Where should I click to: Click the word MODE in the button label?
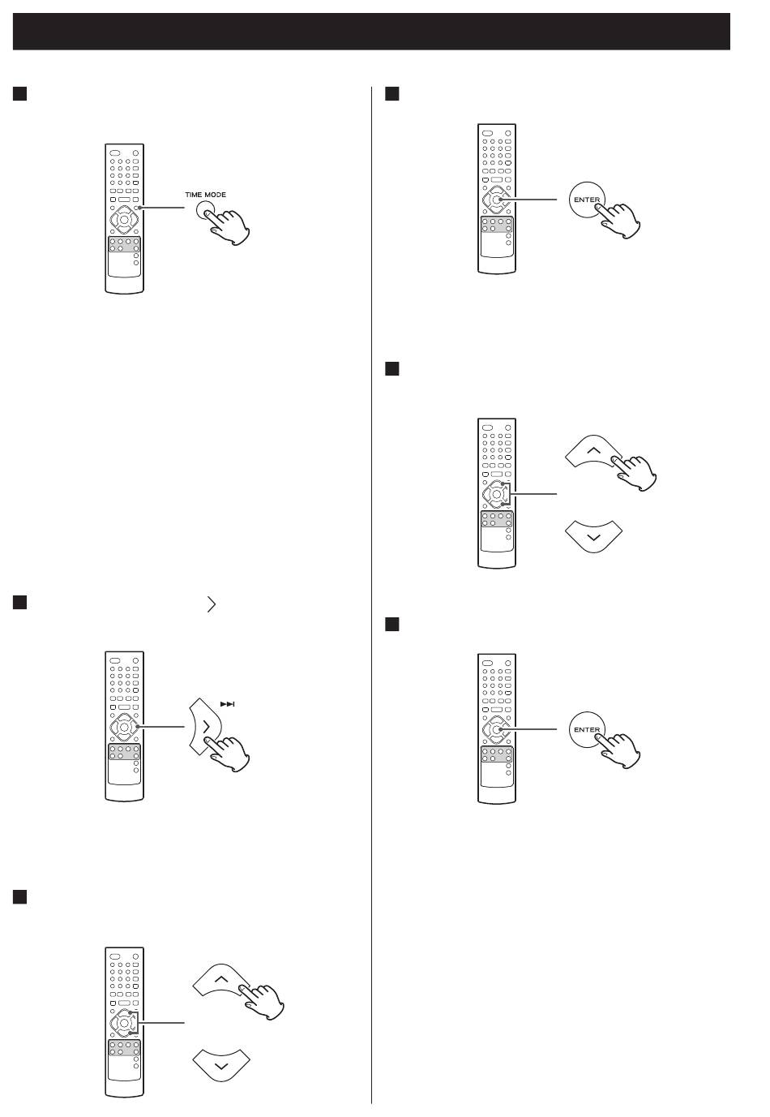coord(215,195)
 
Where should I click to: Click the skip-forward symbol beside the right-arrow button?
coord(227,704)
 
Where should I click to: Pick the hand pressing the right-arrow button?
coord(227,754)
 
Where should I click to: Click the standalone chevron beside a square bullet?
coord(212,604)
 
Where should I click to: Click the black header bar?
coord(371,32)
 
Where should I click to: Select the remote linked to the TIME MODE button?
coord(124,218)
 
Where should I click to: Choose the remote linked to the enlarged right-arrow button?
coord(124,726)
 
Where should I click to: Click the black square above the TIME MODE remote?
coord(19,94)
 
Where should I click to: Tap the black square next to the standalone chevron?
coord(19,603)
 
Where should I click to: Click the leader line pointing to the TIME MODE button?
coord(162,208)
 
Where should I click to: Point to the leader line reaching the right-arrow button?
coord(161,727)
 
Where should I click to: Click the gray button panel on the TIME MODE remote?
coord(124,244)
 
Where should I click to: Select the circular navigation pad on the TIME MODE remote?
coord(124,219)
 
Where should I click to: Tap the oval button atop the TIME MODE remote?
coord(115,153)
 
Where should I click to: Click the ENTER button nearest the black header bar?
coord(587,200)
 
